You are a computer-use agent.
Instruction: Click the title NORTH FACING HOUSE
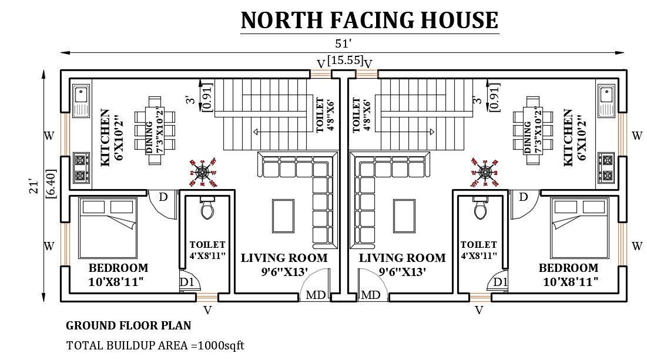(369, 20)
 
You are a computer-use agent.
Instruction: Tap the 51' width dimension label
(343, 43)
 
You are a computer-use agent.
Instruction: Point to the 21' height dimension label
(34, 186)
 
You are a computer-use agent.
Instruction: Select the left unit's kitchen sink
(81, 100)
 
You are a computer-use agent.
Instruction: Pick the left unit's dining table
(155, 130)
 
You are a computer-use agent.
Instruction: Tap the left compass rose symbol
(203, 173)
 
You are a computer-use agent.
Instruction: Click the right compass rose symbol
(485, 173)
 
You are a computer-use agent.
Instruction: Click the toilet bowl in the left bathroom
(207, 208)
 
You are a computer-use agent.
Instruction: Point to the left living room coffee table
(283, 216)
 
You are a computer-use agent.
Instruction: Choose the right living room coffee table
(404, 216)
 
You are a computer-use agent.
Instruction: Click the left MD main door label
(316, 295)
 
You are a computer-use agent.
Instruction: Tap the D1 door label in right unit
(500, 282)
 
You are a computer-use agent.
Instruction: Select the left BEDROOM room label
(119, 268)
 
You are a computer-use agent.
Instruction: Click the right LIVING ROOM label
(403, 258)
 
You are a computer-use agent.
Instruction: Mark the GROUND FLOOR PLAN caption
(128, 325)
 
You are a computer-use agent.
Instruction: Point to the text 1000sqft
(221, 345)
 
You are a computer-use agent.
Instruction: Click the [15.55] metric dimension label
(346, 60)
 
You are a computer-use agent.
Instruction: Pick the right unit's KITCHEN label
(568, 138)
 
